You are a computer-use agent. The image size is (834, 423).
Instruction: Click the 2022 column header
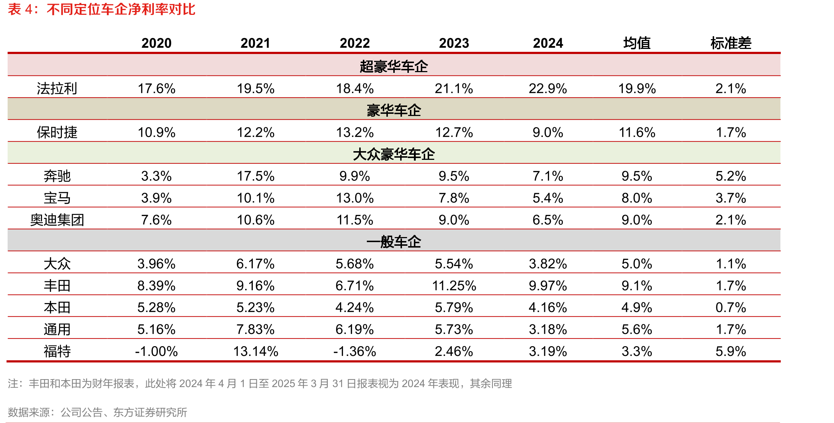[x=355, y=43]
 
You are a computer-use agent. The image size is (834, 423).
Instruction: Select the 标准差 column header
[x=731, y=43]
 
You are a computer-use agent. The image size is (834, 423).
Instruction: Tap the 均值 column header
[x=637, y=43]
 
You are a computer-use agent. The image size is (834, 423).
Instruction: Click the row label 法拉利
[x=57, y=88]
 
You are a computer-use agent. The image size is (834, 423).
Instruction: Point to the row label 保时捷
[x=57, y=132]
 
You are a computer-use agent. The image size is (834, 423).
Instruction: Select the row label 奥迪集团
[x=57, y=220]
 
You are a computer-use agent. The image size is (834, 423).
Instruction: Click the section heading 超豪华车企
[x=394, y=66]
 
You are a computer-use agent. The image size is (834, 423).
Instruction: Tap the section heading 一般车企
[x=394, y=242]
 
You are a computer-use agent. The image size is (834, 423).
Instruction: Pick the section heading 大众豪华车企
[x=394, y=154]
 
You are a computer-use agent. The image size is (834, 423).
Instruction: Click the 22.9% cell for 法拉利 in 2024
[x=548, y=88]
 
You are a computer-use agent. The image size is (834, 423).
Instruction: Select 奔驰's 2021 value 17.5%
[x=256, y=176]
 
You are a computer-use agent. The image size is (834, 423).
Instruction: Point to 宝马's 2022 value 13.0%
[x=355, y=198]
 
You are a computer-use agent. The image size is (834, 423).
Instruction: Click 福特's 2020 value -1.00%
[x=156, y=351]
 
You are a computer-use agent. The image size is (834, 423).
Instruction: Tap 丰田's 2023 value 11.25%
[x=454, y=286]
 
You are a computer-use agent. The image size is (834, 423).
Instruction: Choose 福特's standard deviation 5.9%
[x=731, y=351]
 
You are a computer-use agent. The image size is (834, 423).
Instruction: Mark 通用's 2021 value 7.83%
[x=256, y=329]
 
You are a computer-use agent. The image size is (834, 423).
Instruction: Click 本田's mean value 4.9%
[x=637, y=307]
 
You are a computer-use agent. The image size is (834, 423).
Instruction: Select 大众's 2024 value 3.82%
[x=548, y=264]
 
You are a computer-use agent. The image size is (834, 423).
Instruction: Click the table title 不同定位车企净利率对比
[x=121, y=9]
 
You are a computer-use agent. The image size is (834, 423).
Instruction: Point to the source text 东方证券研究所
[x=150, y=412]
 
